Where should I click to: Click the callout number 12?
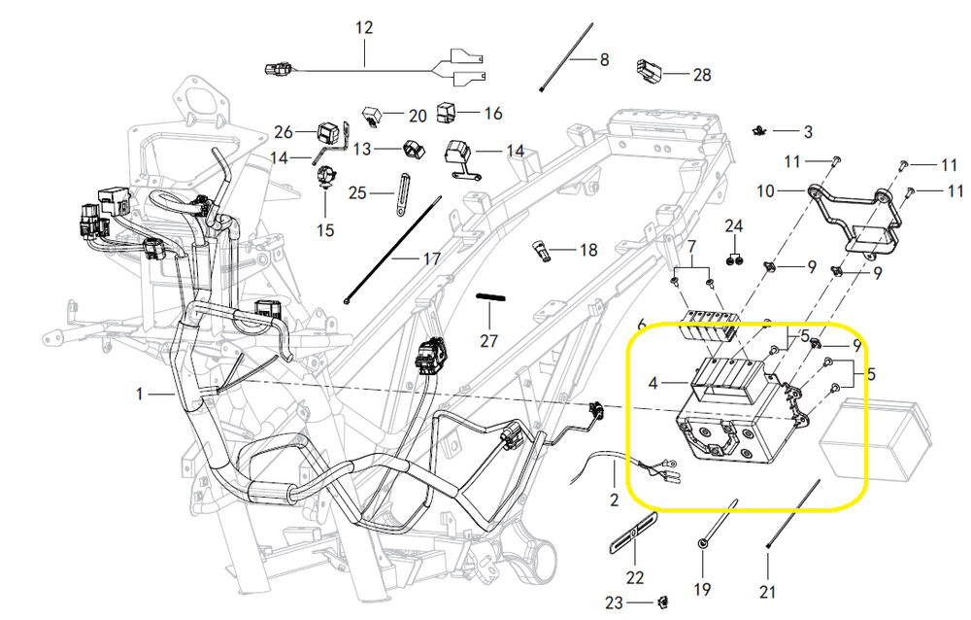pos(364,28)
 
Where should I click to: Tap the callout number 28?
pos(702,74)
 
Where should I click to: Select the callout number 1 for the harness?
pos(140,395)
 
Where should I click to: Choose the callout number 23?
pos(612,603)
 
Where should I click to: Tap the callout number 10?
pos(766,191)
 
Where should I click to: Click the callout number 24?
pos(734,226)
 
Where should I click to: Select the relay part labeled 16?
pos(448,112)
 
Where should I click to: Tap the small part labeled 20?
pos(372,115)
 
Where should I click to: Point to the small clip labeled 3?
pos(760,129)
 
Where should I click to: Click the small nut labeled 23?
pos(664,603)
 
